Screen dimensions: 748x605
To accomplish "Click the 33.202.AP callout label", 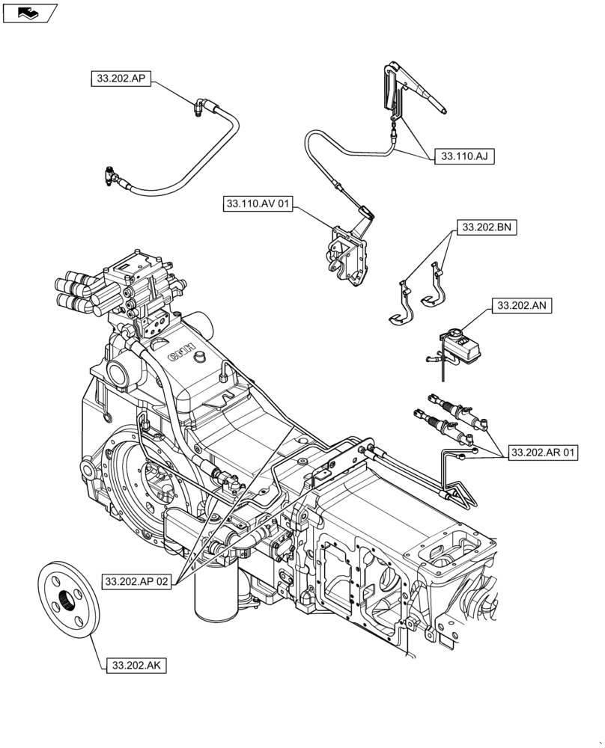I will [x=121, y=78].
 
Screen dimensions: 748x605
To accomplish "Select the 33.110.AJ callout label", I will [x=464, y=157].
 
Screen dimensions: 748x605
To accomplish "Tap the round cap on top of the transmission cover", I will [x=200, y=360].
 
